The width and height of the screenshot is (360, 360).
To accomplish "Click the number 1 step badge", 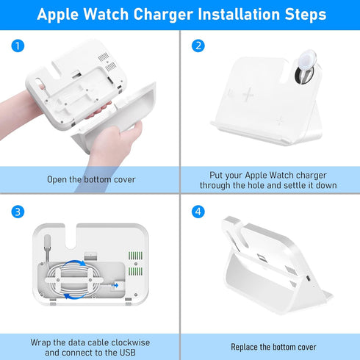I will [17, 46].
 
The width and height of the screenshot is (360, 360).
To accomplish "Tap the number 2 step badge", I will [198, 46].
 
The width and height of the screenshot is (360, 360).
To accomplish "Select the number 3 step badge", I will [17, 212].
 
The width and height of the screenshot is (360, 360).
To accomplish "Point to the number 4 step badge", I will [198, 212].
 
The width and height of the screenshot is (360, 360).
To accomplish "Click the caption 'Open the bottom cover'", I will [91, 179].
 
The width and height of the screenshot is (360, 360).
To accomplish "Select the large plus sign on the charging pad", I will [248, 95].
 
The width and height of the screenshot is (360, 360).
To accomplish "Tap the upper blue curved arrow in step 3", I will [74, 262].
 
